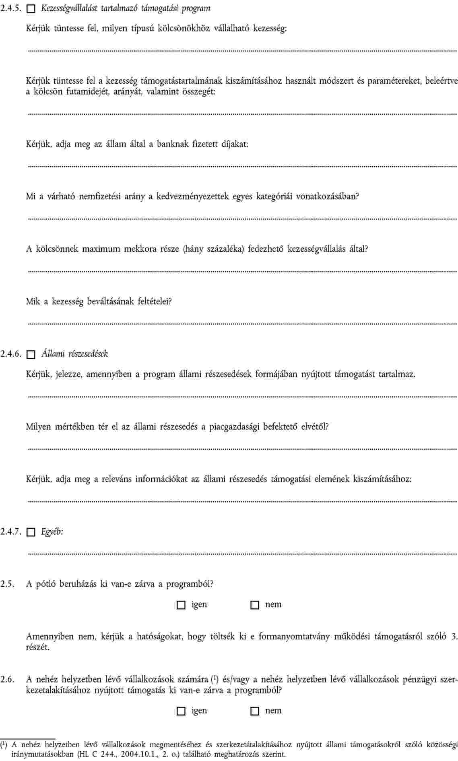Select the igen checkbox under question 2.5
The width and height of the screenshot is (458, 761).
point(182,605)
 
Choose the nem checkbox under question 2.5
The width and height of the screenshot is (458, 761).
point(255,605)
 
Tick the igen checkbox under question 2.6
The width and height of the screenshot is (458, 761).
point(182,711)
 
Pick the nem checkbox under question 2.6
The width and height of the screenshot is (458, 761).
point(255,711)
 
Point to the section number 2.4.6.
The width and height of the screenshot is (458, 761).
point(11,354)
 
